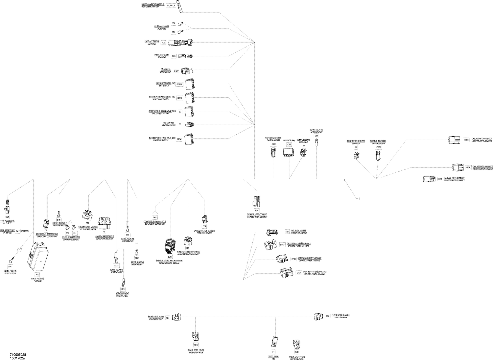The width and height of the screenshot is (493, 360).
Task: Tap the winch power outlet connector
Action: pyautogui.click(x=180, y=7)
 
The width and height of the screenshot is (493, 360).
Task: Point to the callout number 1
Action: pyautogui.click(x=360, y=199)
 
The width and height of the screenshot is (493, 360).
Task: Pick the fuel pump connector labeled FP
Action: pyautogui.click(x=303, y=153)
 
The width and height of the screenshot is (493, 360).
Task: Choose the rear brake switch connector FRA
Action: pyautogui.click(x=273, y=232)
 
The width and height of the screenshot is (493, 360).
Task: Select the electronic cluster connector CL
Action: pyautogui.click(x=105, y=222)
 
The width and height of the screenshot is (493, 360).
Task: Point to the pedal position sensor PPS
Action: pyautogui.click(x=204, y=219)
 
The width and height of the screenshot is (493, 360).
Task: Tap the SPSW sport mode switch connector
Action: pyautogui.click(x=190, y=98)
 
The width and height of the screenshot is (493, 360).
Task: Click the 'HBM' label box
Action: pyautogui.click(x=179, y=139)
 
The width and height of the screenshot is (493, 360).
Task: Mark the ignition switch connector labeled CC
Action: pyautogui.click(x=190, y=124)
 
